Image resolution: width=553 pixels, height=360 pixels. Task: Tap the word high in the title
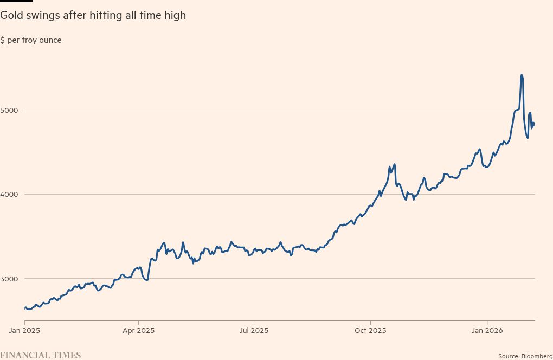coord(175,16)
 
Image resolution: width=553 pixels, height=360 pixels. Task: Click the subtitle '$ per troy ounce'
coord(31,41)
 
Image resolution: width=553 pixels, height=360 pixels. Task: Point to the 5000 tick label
coord(9,110)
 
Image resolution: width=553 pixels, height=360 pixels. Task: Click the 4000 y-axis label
coord(9,194)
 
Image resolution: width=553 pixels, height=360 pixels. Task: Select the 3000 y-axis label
coord(9,279)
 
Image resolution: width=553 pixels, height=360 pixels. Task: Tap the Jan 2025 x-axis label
coord(25,330)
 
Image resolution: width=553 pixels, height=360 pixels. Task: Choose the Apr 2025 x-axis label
coord(139,330)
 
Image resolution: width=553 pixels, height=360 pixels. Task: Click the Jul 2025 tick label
coord(254,330)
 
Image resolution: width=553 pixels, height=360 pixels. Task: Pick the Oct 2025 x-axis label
coord(370,330)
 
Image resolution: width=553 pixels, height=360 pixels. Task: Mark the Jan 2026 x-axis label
coord(487,330)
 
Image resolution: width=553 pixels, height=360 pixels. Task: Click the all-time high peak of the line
coord(522,75)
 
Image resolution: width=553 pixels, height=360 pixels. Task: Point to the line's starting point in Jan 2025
coord(25,307)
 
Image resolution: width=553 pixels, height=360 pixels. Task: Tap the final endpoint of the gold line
coord(534,124)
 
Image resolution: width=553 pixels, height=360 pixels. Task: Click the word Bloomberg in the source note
coord(537,356)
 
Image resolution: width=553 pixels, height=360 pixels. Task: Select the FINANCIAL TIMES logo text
coord(40,355)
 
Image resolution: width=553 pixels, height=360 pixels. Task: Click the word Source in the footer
coord(509,356)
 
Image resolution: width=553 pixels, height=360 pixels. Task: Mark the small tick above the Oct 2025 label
coord(370,323)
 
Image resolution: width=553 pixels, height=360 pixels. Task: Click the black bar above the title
coord(16,1)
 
